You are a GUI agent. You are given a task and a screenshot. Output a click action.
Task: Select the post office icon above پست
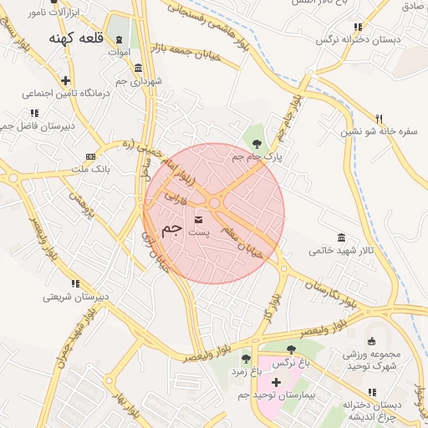pyautogui.click(x=198, y=219)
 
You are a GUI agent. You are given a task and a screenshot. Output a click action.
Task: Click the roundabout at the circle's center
pyautogui.click(x=215, y=203)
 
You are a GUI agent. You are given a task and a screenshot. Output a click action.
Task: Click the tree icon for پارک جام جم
pyautogui.click(x=256, y=144)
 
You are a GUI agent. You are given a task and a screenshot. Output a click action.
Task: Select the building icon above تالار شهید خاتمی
pyautogui.click(x=340, y=238)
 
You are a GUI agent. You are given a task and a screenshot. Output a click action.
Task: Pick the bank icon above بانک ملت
pyautogui.click(x=89, y=156)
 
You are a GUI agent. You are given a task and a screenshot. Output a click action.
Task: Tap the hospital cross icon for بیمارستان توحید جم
pyautogui.click(x=276, y=382)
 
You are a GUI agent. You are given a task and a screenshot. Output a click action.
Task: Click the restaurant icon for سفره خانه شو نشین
pyautogui.click(x=379, y=119)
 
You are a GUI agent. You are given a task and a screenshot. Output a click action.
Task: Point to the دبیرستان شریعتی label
pyautogui.click(x=69, y=296)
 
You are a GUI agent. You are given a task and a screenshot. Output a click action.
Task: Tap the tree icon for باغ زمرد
pyautogui.click(x=246, y=359)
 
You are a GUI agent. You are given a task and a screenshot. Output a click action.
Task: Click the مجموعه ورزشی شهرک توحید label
pyautogui.click(x=373, y=359)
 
